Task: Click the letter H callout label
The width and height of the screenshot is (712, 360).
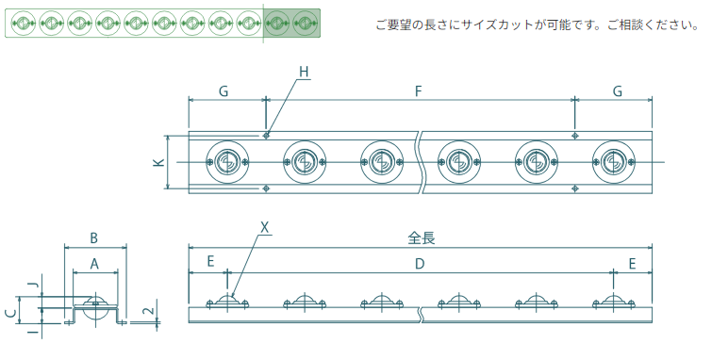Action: click(304, 72)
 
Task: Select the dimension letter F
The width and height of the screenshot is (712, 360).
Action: click(418, 91)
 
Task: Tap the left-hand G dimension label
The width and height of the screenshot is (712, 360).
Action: click(224, 91)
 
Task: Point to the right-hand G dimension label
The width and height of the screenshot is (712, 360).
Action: click(617, 91)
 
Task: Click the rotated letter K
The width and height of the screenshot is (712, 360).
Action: click(159, 161)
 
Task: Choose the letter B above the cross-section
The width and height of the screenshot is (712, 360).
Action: click(94, 237)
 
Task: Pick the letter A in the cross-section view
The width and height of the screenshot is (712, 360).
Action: click(94, 263)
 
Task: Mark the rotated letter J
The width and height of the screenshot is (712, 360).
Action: click(33, 286)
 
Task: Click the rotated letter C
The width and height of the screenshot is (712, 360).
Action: click(12, 313)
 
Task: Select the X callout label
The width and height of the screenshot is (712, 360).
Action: click(265, 228)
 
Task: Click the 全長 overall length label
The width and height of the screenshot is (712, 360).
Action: click(421, 237)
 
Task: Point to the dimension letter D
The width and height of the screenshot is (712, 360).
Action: click(420, 263)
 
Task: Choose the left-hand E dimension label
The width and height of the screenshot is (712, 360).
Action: click(210, 261)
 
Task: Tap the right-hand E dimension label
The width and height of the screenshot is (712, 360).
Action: click(632, 263)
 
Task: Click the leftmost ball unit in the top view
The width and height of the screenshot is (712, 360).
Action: click(227, 161)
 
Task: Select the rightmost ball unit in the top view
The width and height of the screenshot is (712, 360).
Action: click(614, 161)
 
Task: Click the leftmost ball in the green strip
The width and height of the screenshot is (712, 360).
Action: click(24, 23)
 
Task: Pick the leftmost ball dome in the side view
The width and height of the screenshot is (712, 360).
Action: click(227, 301)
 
